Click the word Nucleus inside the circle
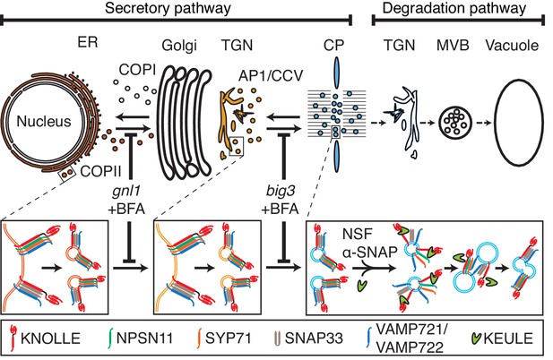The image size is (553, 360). tap(44, 122)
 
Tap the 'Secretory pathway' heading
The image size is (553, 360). tap(168, 8)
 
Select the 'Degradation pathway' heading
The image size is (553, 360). tap(454, 8)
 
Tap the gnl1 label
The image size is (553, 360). tap(126, 192)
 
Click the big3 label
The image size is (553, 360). tap(281, 192)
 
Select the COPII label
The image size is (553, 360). tap(100, 172)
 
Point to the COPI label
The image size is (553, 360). tap(137, 70)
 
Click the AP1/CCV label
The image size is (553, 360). tap(271, 75)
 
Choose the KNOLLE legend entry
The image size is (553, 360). tap(45, 339)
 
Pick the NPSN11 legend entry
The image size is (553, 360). tap(141, 339)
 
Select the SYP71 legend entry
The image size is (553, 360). tap(224, 339)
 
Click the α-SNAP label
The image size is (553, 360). tap(369, 252)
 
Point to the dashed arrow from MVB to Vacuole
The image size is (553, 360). tap(483, 123)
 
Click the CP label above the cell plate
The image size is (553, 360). tap(333, 45)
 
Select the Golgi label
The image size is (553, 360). tap(179, 46)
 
